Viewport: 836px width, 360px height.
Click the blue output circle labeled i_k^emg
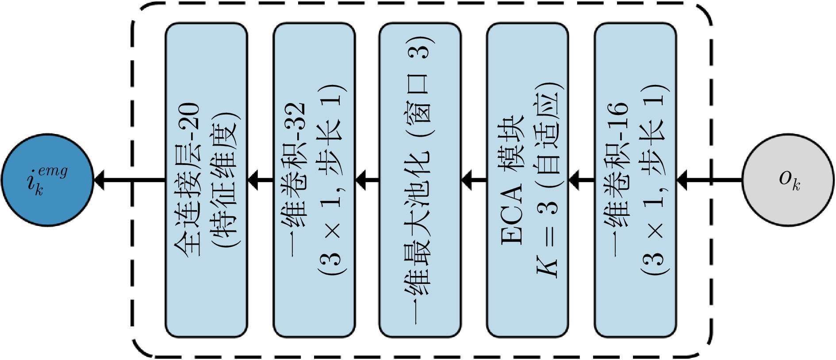pos(47,180)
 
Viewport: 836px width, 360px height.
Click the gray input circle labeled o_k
pos(788,180)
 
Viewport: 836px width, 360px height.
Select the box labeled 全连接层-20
pos(206,180)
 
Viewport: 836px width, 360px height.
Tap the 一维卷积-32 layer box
pos(314,180)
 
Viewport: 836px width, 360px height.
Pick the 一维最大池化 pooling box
pos(420,180)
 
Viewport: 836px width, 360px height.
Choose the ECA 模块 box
pos(527,180)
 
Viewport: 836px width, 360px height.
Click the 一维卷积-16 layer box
pos(635,180)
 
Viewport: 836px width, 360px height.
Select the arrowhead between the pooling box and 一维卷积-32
pos(361,180)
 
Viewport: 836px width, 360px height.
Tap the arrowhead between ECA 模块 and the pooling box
pos(468,180)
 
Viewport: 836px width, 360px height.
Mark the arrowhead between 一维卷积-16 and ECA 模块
pos(575,180)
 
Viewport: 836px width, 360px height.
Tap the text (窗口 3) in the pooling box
pos(421,84)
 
